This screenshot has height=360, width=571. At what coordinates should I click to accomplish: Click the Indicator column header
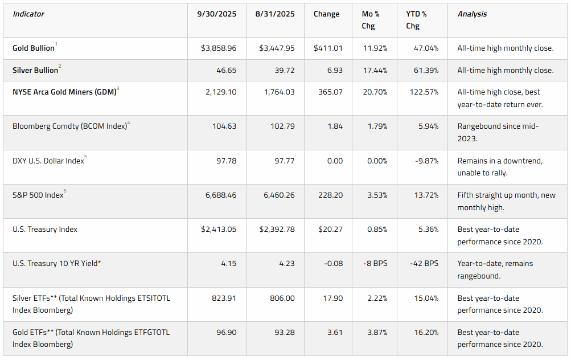point(28,14)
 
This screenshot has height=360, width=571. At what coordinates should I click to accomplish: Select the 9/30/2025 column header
point(217,14)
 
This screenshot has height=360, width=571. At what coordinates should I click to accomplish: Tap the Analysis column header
point(473,14)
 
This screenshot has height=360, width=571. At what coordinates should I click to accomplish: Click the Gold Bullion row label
point(34,48)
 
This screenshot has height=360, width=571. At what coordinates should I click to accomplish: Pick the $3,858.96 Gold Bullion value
point(219,48)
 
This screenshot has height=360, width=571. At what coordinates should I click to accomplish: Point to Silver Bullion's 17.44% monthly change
point(375,70)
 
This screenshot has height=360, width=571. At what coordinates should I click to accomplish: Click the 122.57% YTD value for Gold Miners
point(424,92)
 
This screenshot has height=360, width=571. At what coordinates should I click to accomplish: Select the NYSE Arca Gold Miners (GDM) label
point(64,92)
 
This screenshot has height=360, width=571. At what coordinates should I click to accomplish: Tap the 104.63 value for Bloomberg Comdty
point(224,126)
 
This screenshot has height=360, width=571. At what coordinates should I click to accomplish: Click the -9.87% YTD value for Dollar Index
point(427,161)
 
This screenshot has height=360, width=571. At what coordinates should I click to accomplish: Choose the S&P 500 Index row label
point(38,195)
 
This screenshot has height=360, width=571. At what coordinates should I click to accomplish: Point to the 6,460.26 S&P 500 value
point(279,195)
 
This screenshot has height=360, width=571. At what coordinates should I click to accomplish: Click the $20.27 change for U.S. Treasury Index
point(330,229)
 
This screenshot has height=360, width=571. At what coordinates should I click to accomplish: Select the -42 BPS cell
point(424,263)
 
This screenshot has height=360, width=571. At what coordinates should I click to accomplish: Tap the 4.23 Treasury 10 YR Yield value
point(287,263)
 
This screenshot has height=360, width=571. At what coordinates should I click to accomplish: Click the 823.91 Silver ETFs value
point(224,298)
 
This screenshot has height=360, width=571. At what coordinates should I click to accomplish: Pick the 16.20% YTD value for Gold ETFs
point(426,332)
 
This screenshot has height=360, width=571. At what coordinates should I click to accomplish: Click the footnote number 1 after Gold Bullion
point(56,44)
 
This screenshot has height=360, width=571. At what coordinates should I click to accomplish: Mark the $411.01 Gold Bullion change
point(328,48)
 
